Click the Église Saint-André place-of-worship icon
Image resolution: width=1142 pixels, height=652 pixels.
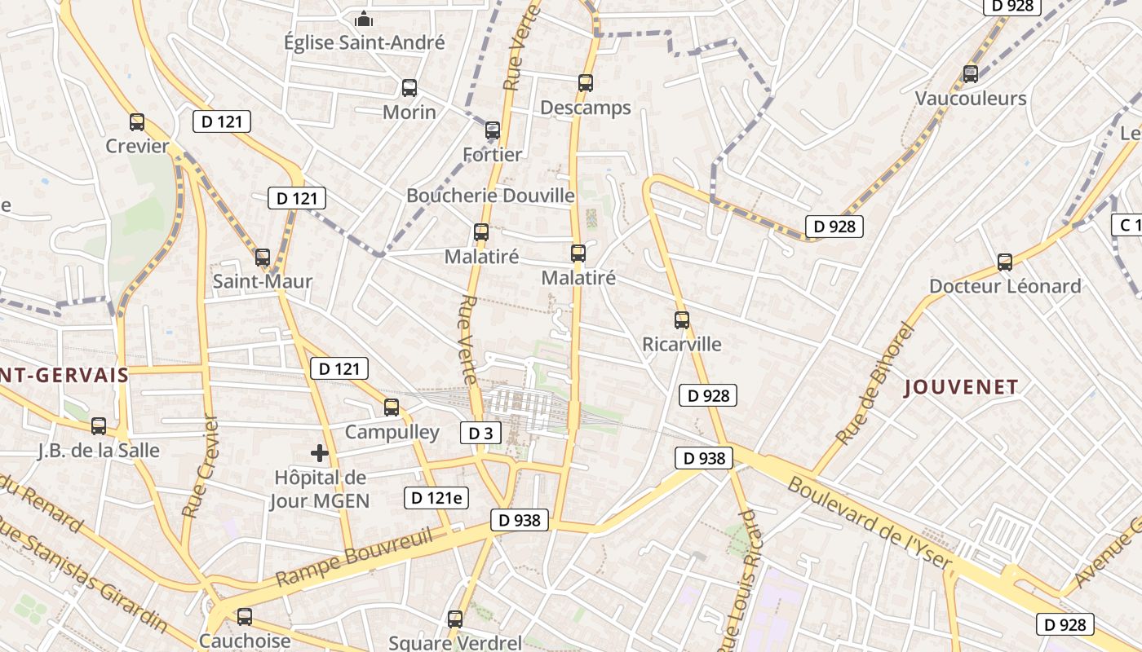pyautogui.click(x=364, y=18)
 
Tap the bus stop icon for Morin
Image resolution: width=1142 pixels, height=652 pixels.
pyautogui.click(x=409, y=88)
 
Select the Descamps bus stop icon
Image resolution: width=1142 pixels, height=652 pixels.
pyautogui.click(x=586, y=82)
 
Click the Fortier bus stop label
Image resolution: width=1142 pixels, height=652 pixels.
pyautogui.click(x=492, y=154)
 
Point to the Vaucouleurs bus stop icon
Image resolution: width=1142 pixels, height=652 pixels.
pyautogui.click(x=971, y=74)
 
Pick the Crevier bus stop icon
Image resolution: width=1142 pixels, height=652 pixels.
pyautogui.click(x=137, y=122)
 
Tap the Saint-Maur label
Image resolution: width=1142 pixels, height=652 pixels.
pyautogui.click(x=263, y=282)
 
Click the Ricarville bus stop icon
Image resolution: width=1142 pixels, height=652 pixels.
pyautogui.click(x=682, y=320)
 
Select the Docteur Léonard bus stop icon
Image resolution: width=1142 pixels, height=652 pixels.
pyautogui.click(x=1005, y=262)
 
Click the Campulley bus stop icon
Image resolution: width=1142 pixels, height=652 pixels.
pyautogui.click(x=392, y=407)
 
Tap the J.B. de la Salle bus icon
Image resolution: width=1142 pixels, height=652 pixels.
pyautogui.click(x=99, y=425)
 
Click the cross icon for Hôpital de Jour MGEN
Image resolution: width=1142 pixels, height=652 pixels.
pyautogui.click(x=320, y=453)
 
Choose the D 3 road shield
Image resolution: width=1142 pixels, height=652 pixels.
pyautogui.click(x=480, y=433)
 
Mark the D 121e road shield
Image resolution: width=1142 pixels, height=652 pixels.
pyautogui.click(x=436, y=498)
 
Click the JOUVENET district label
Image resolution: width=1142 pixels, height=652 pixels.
pyautogui.click(x=962, y=387)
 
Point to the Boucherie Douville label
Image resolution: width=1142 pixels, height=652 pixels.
pyautogui.click(x=490, y=196)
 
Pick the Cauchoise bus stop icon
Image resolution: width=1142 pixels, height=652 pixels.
pyautogui.click(x=245, y=617)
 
